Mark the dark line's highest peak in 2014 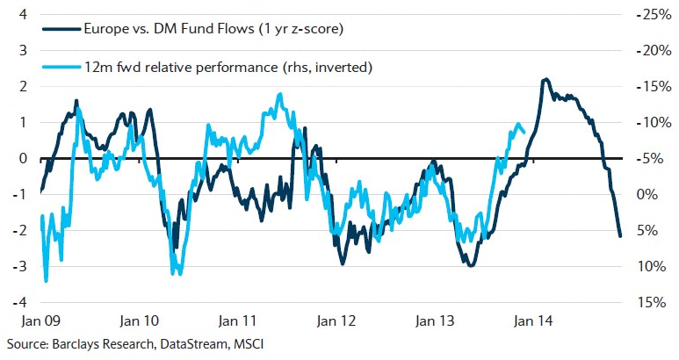click(x=546, y=80)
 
